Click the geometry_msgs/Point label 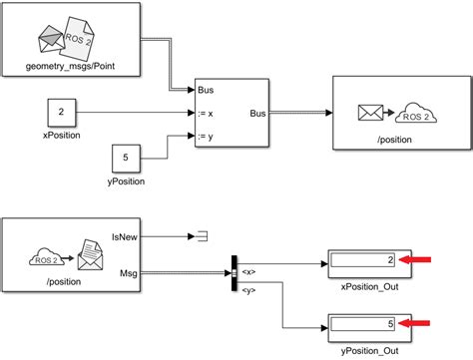pyautogui.click(x=69, y=68)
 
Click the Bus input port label pyautogui.click(x=206, y=88)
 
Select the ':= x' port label pyautogui.click(x=207, y=113)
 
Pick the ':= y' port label pyautogui.click(x=207, y=136)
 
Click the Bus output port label pyautogui.click(x=257, y=113)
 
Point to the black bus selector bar pyautogui.click(x=235, y=271)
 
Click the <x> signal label pyautogui.click(x=249, y=270)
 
